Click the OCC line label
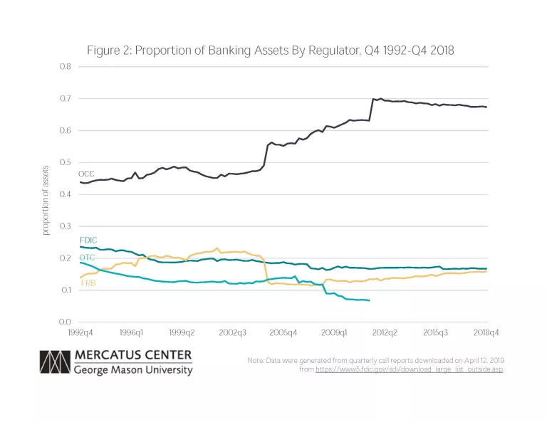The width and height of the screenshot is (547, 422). pyautogui.click(x=87, y=174)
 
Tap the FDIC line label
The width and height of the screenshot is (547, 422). pyautogui.click(x=88, y=240)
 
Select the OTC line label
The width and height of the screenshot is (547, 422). pyautogui.click(x=87, y=256)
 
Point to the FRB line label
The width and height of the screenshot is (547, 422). pyautogui.click(x=88, y=283)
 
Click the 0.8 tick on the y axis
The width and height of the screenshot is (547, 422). pyautogui.click(x=65, y=67)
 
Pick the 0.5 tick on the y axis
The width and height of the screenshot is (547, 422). pyautogui.click(x=65, y=163)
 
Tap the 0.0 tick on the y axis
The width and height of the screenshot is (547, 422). pyautogui.click(x=65, y=322)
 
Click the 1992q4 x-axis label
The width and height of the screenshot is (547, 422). pyautogui.click(x=80, y=332)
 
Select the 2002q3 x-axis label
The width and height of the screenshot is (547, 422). pyautogui.click(x=233, y=332)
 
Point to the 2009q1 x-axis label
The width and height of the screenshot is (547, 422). pyautogui.click(x=335, y=332)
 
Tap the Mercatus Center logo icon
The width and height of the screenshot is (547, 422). pyautogui.click(x=55, y=362)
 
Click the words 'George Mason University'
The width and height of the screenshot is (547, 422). pyautogui.click(x=133, y=370)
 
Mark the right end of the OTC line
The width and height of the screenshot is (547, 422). pyautogui.click(x=369, y=300)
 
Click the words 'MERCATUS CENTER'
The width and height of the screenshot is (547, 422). pyautogui.click(x=132, y=355)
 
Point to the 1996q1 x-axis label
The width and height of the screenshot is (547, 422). pyautogui.click(x=131, y=332)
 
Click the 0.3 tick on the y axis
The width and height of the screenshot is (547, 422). pyautogui.click(x=65, y=226)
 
